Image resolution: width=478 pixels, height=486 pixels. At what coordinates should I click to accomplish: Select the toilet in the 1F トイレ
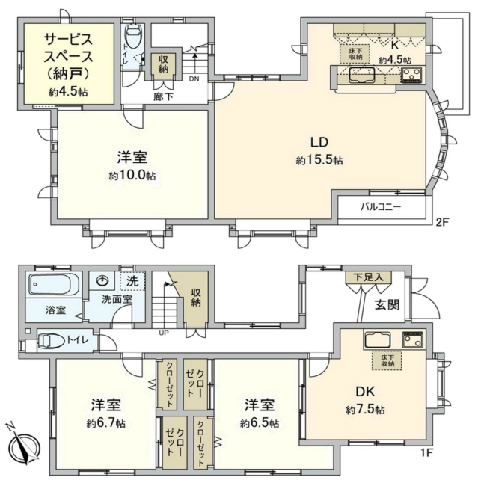click(x=53, y=341)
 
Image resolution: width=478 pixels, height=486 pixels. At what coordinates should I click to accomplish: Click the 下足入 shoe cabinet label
click(x=368, y=277)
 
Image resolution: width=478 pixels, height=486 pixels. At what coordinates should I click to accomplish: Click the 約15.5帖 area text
click(x=319, y=161)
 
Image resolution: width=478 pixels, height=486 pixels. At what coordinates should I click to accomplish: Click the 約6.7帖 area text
click(x=105, y=422)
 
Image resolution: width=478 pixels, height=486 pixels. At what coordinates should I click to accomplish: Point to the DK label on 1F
click(x=365, y=392)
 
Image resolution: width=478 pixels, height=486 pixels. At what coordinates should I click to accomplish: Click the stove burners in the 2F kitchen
click(x=412, y=74)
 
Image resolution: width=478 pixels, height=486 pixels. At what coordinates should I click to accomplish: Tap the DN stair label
click(x=193, y=78)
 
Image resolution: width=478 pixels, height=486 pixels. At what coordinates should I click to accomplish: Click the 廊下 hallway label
click(x=162, y=96)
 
